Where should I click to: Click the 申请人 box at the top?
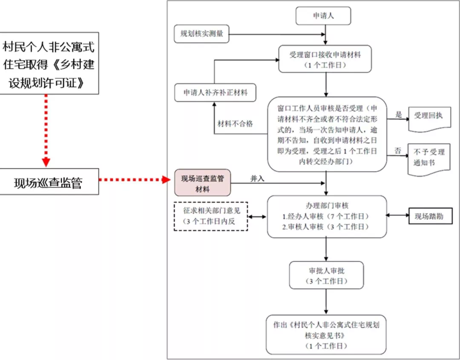click(x=323, y=16)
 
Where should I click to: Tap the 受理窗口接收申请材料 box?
click(x=326, y=59)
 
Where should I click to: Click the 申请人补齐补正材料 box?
click(x=216, y=92)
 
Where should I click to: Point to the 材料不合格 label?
click(x=235, y=124)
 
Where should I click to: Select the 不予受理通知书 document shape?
click(x=428, y=158)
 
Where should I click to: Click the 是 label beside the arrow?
click(x=399, y=115)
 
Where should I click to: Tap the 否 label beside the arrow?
click(x=397, y=150)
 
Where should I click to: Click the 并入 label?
click(x=257, y=179)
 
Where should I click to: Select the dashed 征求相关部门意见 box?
click(x=211, y=216)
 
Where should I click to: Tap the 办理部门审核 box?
click(x=327, y=216)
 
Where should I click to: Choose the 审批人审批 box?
click(x=326, y=275)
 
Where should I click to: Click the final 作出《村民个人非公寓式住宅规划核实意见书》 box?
click(x=326, y=335)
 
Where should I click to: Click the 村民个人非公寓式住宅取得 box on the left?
click(x=49, y=63)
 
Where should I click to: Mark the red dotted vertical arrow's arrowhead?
click(x=46, y=162)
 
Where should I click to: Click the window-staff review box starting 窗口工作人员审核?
click(x=327, y=133)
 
